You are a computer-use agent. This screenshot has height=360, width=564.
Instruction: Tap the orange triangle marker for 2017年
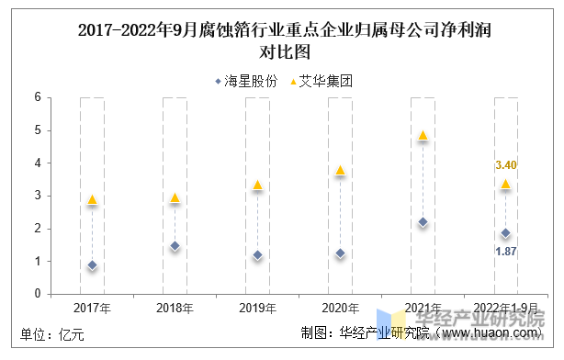coord(92,199)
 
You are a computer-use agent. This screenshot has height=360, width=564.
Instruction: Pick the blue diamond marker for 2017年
coord(92,265)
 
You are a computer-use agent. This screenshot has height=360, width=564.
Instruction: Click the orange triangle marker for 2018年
coord(175,197)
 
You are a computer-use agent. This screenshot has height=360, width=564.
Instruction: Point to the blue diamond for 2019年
coord(257,255)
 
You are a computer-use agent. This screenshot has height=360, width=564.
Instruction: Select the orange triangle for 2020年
coord(340,170)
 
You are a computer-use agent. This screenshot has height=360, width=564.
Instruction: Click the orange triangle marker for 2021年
coord(423,135)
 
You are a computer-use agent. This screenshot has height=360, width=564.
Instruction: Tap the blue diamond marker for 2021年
coord(423,222)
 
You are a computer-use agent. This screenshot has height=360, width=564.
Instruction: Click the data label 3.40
coord(506,165)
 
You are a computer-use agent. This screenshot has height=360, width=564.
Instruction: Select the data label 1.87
coord(506,251)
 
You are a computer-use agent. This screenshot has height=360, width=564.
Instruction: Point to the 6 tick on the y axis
coord(38,97)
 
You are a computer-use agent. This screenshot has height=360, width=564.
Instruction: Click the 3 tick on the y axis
coord(38,196)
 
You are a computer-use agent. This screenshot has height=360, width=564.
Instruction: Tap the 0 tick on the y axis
coord(38,294)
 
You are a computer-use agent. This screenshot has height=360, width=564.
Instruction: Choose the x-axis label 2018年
coord(175,308)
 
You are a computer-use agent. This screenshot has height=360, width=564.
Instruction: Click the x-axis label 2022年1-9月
coord(505,308)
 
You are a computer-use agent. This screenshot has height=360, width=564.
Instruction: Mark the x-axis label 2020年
coord(340,308)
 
